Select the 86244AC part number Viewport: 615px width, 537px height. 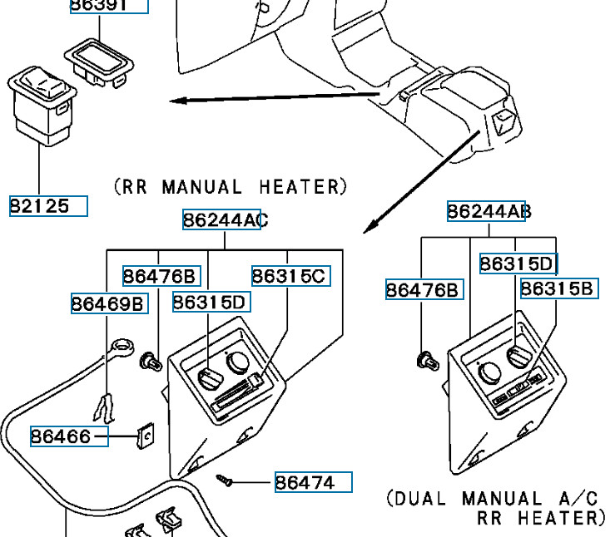222,219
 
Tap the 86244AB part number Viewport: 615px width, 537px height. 487,211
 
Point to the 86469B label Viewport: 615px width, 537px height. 109,303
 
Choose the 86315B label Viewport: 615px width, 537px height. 558,288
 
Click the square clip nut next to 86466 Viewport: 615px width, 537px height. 146,435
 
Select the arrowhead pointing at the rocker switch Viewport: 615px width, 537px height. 176,101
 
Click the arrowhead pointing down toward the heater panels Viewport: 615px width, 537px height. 371,226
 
